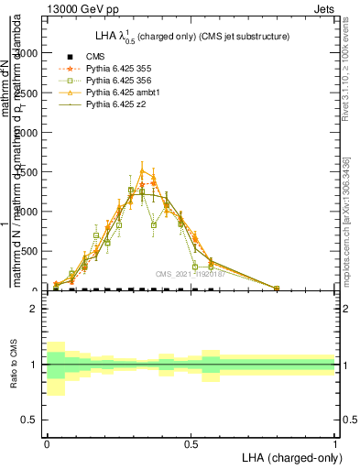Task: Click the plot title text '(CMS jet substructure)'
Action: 236,37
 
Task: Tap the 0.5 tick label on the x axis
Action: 191,442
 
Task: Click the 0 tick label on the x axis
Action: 47,442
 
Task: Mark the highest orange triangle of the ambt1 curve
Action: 142,169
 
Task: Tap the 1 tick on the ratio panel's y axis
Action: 33,365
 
